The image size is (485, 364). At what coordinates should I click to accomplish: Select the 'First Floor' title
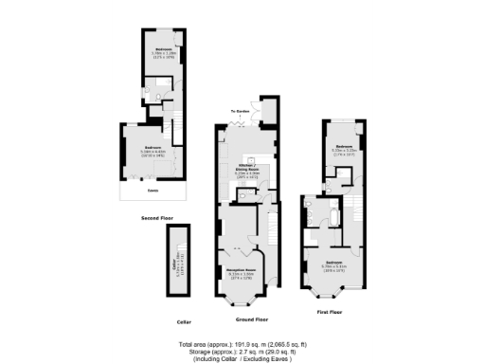point(329,310)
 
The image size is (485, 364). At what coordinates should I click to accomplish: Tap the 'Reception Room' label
point(242,274)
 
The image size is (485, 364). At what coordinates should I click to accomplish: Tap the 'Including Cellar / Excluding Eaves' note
point(242,358)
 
